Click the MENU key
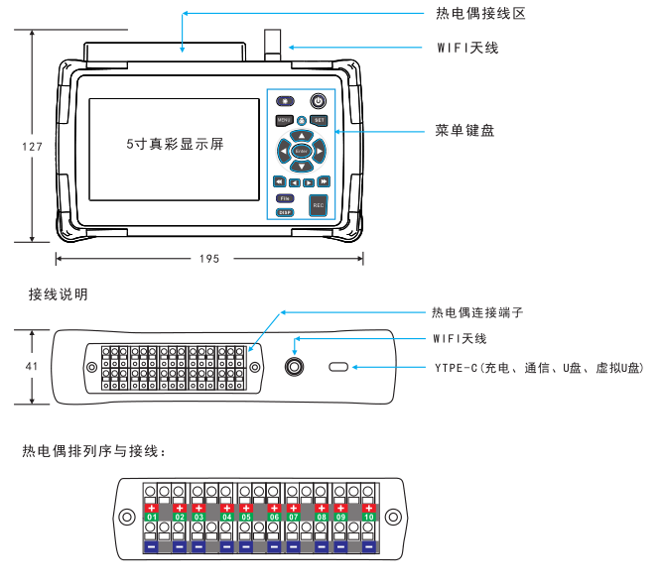click(x=284, y=120)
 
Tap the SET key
click(x=319, y=120)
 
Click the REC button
click(x=319, y=205)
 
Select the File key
click(x=283, y=198)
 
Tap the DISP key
click(x=284, y=212)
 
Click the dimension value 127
click(x=32, y=147)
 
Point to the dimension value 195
click(x=208, y=259)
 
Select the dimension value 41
click(x=32, y=366)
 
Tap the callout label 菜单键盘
click(x=465, y=130)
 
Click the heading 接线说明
click(x=59, y=294)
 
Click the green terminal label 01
click(x=152, y=518)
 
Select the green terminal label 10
click(x=368, y=518)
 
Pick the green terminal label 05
click(x=247, y=518)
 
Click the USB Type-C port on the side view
click(x=338, y=368)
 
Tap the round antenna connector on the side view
click(x=295, y=368)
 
